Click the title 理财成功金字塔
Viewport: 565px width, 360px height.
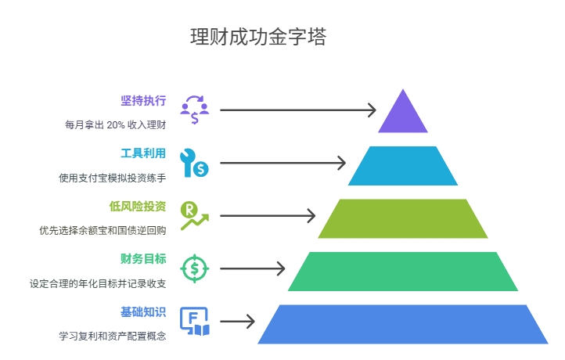click(258, 37)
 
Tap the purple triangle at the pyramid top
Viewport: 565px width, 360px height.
click(403, 116)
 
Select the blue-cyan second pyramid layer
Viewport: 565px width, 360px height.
click(403, 166)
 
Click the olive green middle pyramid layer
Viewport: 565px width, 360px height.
click(403, 218)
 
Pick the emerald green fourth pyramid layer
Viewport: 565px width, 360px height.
click(403, 271)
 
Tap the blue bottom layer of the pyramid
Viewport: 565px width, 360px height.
click(403, 324)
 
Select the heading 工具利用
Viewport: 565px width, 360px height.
click(143, 153)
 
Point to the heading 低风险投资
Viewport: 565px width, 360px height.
click(138, 206)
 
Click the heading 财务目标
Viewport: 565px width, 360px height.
click(143, 258)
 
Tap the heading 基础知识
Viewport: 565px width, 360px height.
click(143, 311)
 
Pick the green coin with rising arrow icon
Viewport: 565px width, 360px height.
click(193, 215)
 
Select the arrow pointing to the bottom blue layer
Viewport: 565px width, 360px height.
click(238, 321)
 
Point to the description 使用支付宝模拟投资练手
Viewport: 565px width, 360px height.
click(113, 178)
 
